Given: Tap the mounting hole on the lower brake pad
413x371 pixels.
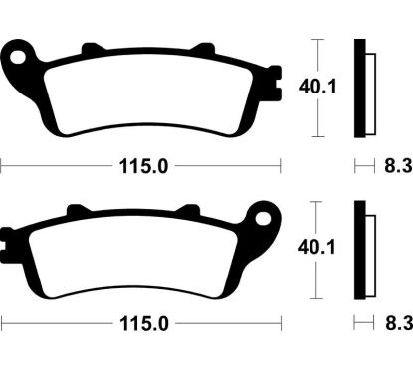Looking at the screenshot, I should (264, 215).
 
